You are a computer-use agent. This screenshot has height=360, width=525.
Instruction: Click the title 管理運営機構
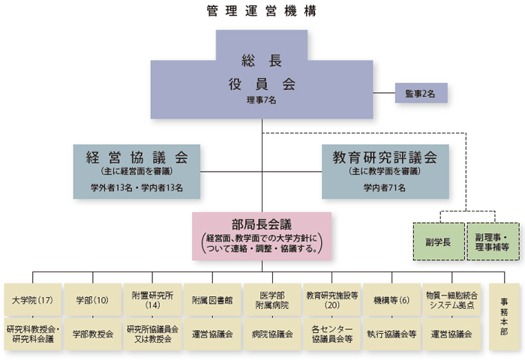[x=262, y=11]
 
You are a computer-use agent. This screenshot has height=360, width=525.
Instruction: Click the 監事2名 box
[x=421, y=93]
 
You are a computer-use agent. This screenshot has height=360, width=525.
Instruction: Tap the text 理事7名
[x=262, y=100]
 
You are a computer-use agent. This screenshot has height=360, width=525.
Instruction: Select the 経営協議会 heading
[x=137, y=157]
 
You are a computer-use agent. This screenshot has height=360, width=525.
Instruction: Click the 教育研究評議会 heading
[x=385, y=157]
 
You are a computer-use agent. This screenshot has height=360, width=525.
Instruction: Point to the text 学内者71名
[x=385, y=187]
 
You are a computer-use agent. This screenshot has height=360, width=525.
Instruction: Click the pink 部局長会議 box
[x=262, y=236]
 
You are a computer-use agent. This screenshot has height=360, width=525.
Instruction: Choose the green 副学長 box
[x=439, y=241]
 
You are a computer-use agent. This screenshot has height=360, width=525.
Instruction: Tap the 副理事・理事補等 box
[x=493, y=241]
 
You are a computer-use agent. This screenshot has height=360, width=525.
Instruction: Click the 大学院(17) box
[x=33, y=300]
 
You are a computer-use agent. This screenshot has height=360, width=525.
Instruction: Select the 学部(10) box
[x=93, y=300]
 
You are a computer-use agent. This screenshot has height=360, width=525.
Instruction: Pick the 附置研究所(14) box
[x=153, y=300]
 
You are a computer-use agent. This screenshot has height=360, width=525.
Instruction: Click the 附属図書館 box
[x=212, y=300]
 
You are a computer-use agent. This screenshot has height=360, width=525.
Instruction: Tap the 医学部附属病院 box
[x=272, y=300]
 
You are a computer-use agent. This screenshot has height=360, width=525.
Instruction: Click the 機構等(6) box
[x=391, y=300]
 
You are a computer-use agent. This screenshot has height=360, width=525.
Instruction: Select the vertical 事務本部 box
[x=504, y=316]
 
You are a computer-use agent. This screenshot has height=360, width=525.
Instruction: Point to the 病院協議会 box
[x=272, y=334]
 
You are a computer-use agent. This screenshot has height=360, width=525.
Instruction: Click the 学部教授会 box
[x=93, y=334]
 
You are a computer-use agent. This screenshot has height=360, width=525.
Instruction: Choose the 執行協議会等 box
[x=391, y=334]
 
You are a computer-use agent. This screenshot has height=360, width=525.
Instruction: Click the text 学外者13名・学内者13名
[x=137, y=187]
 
